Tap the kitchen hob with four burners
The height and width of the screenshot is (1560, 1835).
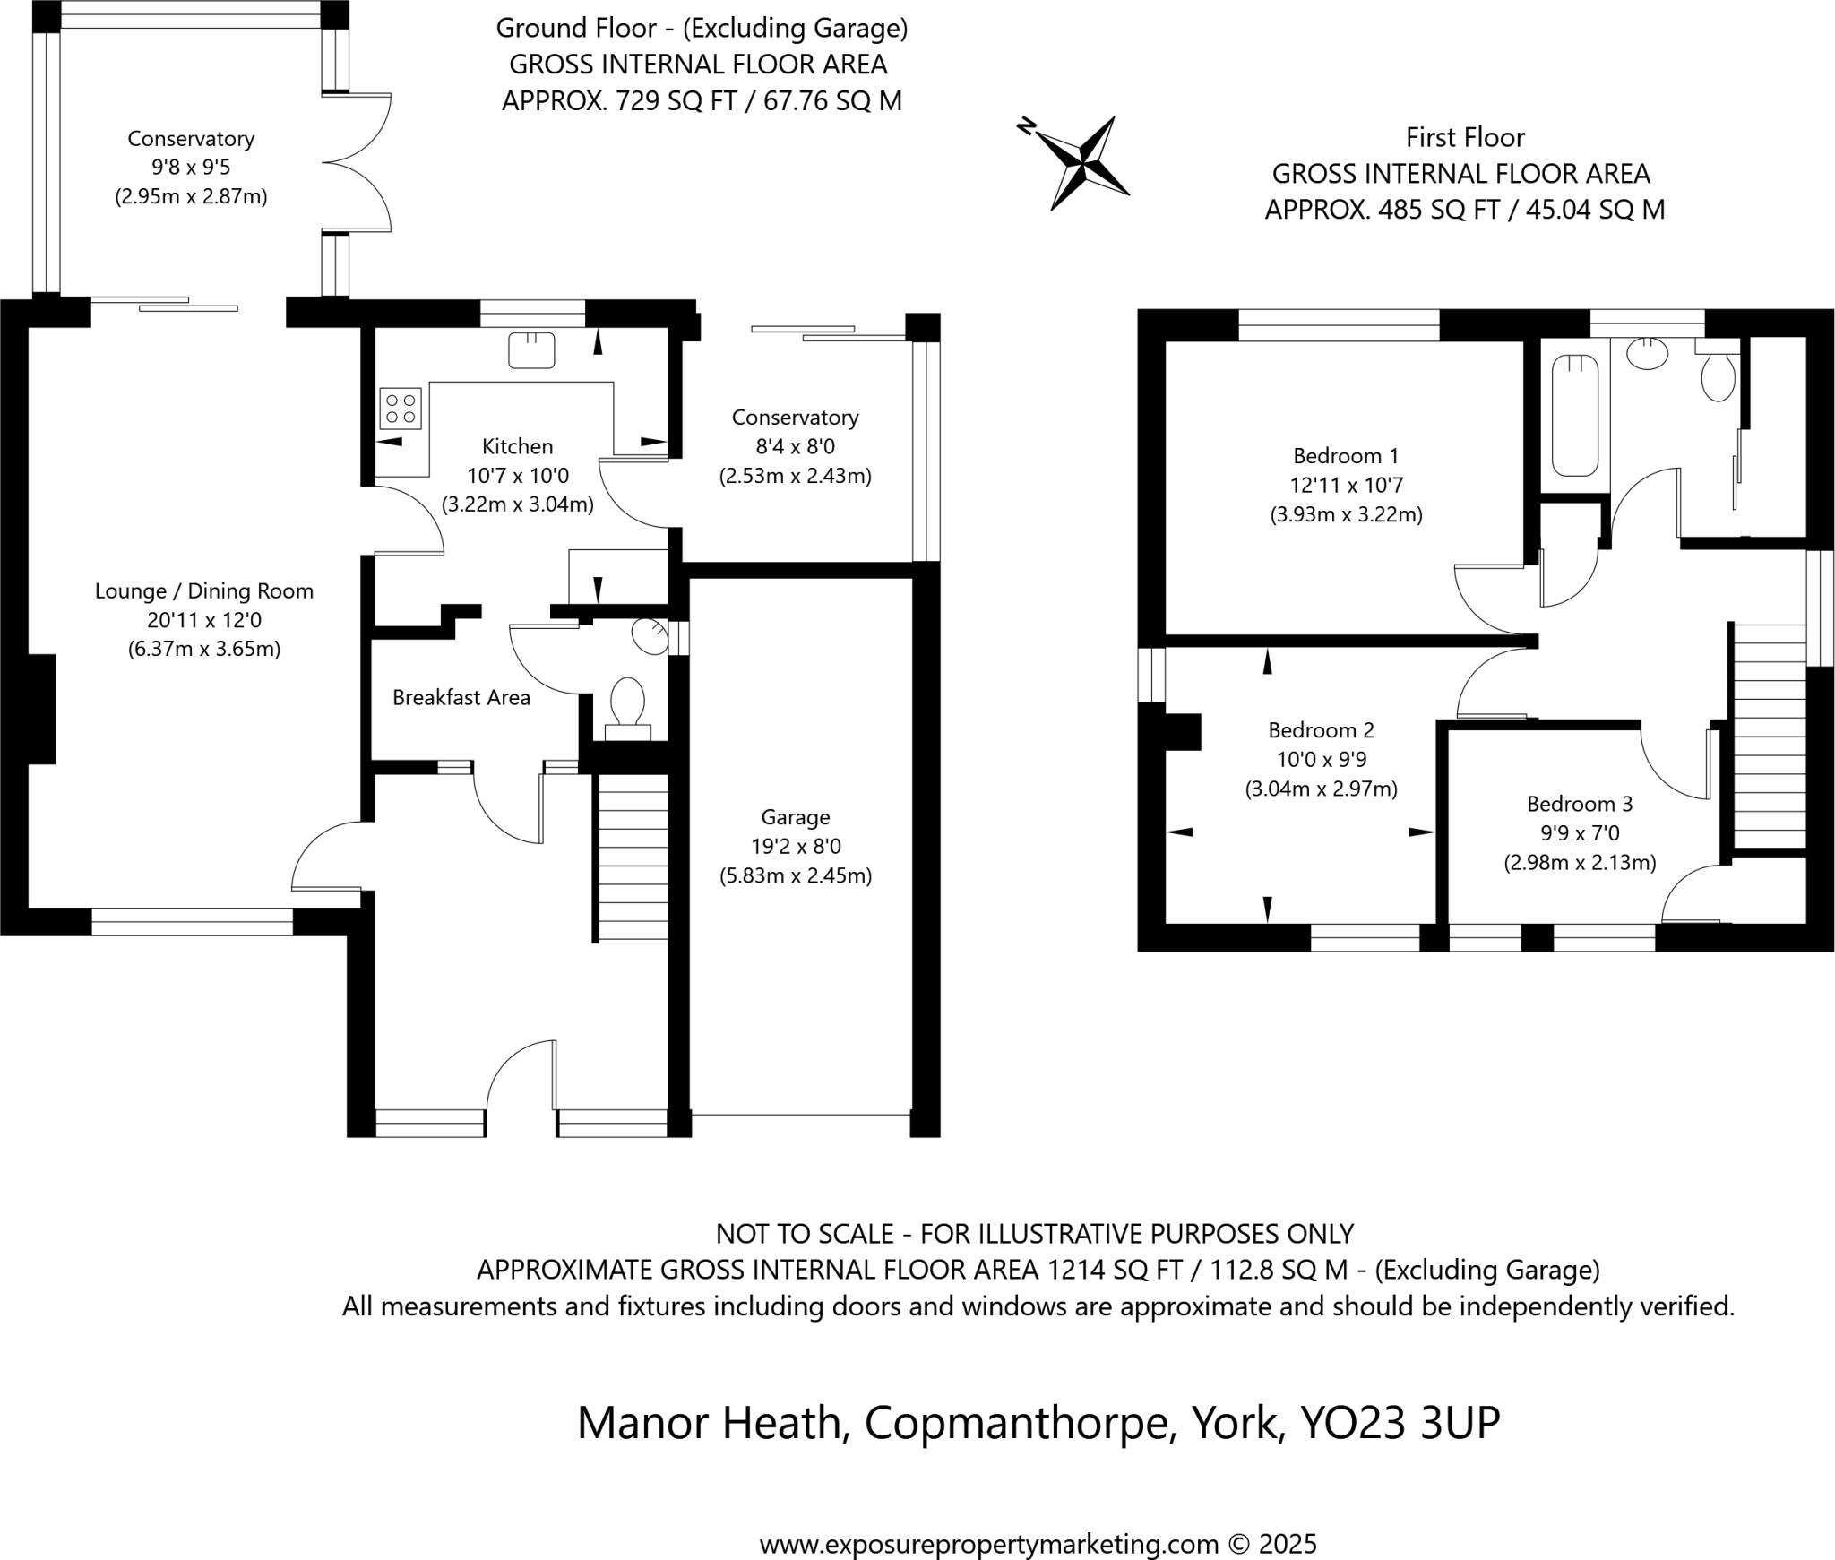(x=400, y=409)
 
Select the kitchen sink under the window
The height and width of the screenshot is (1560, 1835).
(x=530, y=350)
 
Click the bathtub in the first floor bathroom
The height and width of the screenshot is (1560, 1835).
(x=1574, y=415)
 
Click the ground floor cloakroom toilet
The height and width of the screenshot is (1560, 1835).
(x=627, y=702)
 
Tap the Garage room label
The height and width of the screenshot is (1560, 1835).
(x=795, y=817)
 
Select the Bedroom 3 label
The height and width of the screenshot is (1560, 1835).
(x=1579, y=804)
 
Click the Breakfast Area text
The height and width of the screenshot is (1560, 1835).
(x=461, y=698)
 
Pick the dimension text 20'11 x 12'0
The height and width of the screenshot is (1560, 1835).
(x=204, y=620)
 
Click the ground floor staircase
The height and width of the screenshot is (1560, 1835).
(x=632, y=857)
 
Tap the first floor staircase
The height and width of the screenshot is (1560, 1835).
(x=1769, y=736)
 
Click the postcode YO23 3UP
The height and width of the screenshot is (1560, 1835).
(x=1399, y=1423)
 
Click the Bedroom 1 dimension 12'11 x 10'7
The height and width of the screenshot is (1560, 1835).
(x=1346, y=486)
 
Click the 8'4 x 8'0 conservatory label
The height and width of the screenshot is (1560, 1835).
(x=795, y=446)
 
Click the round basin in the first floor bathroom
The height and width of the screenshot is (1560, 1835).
(x=1646, y=352)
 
